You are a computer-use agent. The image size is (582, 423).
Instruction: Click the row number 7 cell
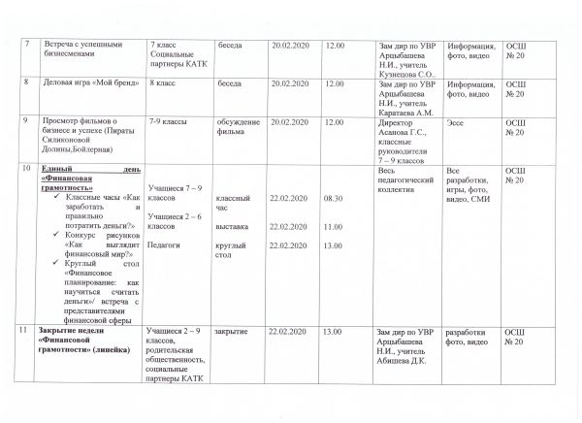pos(26,46)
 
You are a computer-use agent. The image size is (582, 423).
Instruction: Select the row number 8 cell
pos(26,84)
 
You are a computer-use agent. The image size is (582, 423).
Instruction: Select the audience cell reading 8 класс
pos(165,84)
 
